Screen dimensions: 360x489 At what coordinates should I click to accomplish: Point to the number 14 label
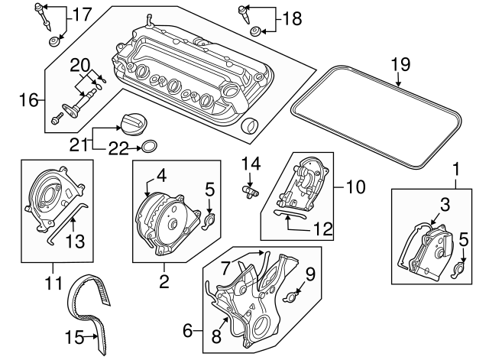tap(251, 162)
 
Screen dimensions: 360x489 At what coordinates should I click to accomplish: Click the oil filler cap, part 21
tap(131, 123)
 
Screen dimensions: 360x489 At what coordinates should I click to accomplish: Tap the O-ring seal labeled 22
tap(151, 147)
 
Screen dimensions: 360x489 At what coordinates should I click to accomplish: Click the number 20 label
tap(81, 63)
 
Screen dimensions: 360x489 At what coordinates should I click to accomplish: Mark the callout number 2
tap(163, 283)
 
